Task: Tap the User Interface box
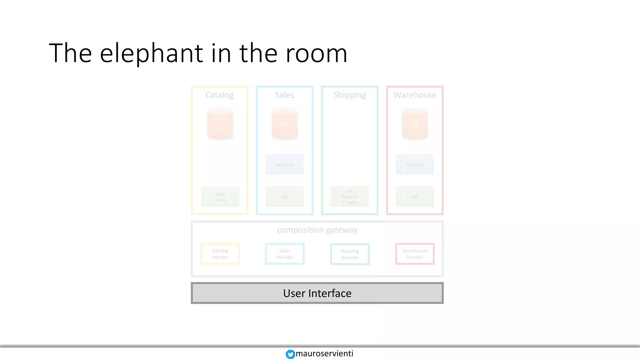coord(317,293)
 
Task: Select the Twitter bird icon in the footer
coord(290,354)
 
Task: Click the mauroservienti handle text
coord(324,353)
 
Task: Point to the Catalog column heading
coord(219,95)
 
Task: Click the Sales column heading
coord(284,95)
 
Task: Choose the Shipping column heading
coord(349,95)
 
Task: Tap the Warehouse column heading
coord(415,95)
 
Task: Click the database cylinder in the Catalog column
coord(220,124)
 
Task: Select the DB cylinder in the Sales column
coord(284,124)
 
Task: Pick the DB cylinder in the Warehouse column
coord(415,124)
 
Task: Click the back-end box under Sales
coord(284,164)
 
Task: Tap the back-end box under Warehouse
coord(415,164)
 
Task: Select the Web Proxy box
coord(220,197)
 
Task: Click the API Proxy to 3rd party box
coord(349,197)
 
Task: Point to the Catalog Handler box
coord(220,254)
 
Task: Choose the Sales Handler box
coord(284,254)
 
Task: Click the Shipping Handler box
coord(350,254)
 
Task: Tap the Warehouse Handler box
coord(415,254)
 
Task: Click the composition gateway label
coord(317,230)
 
